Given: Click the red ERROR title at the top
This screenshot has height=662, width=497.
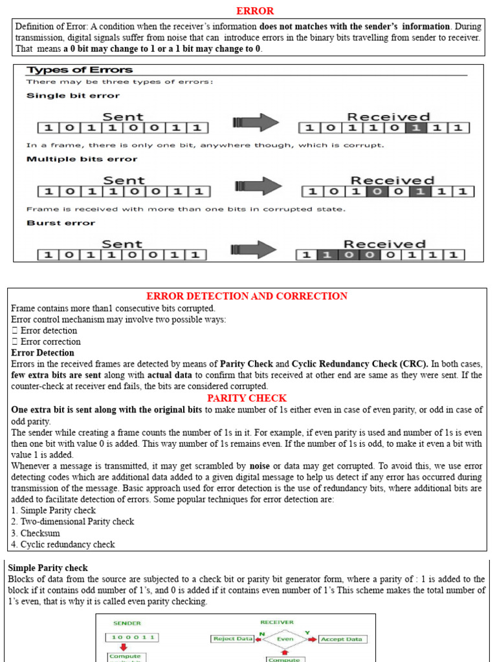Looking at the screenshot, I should [254, 10].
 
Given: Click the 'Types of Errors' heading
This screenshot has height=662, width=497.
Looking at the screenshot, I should [79, 70].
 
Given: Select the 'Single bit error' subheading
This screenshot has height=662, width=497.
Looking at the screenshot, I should [72, 96].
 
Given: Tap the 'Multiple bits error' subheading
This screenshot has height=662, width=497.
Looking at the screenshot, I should [82, 159].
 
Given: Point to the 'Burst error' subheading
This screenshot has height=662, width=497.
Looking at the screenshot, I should [61, 223].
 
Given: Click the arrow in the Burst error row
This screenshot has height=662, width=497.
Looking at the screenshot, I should [256, 250].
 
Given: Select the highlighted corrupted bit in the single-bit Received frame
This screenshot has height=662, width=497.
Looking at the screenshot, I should [417, 128].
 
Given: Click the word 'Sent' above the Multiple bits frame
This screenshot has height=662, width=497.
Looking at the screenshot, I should [124, 180].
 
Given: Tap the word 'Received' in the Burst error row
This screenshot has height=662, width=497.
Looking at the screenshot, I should [384, 244].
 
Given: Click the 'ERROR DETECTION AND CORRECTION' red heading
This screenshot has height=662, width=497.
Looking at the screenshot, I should [247, 296].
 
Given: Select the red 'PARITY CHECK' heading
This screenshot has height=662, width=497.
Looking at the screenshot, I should [247, 398].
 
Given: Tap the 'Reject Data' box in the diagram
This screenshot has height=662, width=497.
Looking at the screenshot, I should [232, 639].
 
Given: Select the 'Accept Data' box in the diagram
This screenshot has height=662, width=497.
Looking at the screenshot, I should [342, 639].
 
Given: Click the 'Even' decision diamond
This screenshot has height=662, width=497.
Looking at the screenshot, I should [285, 639].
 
